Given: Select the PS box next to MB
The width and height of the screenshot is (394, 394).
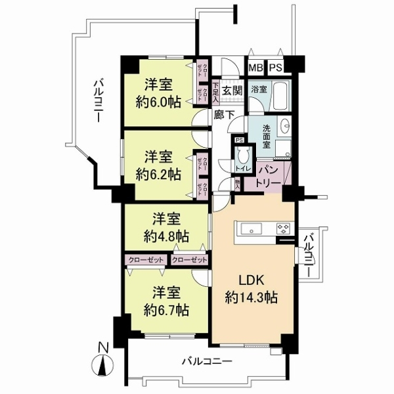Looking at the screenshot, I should tap(274, 66).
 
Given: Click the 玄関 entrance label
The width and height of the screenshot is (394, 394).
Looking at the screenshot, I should tap(230, 91).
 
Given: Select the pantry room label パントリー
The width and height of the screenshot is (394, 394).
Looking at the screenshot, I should tap(269, 175).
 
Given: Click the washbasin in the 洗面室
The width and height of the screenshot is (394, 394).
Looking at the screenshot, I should tap(284, 125).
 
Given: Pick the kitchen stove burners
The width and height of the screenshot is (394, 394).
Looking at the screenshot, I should tap(284, 229).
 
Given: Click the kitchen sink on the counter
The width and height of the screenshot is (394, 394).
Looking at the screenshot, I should tap(252, 229).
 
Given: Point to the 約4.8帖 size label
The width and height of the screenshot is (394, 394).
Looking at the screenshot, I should tap(167, 234).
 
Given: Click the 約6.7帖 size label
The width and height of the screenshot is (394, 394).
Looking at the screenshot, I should tap(167, 309).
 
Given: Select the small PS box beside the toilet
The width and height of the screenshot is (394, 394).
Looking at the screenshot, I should tap(239, 140).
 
